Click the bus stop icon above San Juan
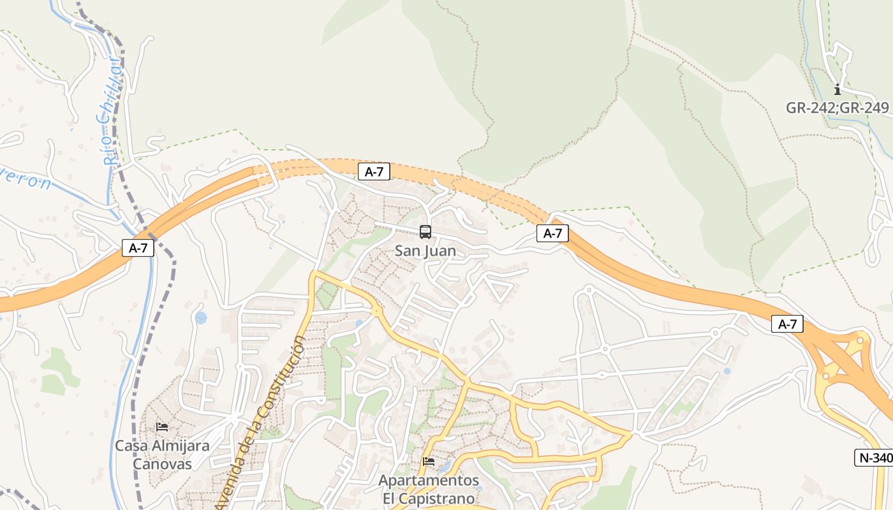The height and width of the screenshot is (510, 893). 425,232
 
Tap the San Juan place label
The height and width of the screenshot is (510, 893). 425,251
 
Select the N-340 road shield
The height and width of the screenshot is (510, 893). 875,458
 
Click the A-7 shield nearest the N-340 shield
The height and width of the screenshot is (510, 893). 787,324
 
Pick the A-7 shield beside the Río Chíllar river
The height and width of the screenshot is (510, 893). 138,248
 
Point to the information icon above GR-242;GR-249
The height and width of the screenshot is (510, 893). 838,90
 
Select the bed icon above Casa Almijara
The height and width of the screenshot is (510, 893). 162,427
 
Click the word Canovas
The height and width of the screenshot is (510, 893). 162,463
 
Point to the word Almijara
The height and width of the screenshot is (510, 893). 181,446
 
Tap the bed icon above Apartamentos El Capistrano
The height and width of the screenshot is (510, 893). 429,461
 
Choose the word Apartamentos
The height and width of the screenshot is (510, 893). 429,480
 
